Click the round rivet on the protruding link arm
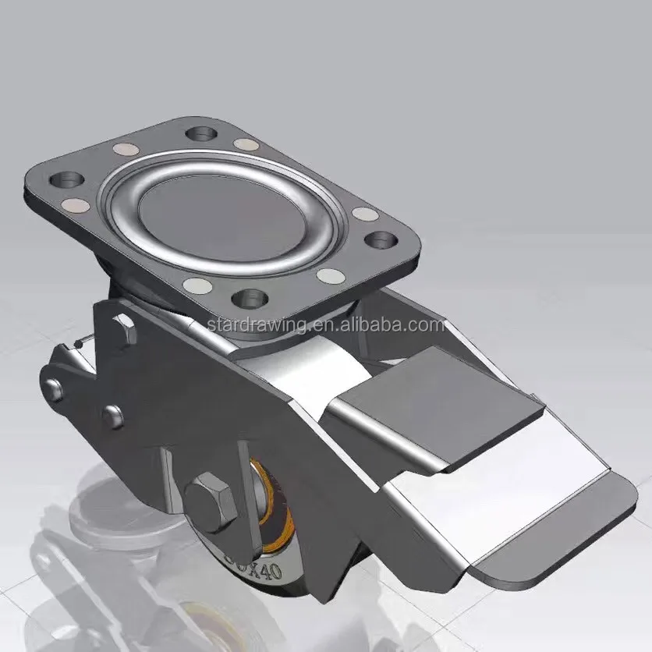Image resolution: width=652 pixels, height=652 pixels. (x=54, y=386)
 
